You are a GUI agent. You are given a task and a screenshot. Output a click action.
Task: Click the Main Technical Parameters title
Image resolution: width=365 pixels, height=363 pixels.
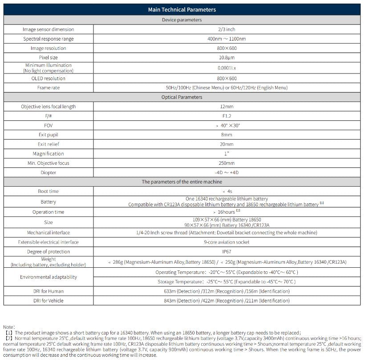coord(182,10)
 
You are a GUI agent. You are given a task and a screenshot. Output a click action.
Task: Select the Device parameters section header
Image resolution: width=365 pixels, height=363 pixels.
coord(182,20)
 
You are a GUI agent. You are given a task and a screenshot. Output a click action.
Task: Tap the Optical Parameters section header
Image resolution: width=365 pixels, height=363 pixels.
coord(182,97)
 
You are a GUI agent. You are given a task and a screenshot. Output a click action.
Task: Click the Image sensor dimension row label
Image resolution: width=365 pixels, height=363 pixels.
coord(49,29)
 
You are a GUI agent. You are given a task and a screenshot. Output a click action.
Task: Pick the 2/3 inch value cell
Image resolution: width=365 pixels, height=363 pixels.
coord(227,29)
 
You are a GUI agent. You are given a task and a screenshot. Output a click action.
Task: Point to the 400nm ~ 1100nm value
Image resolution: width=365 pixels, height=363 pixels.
coord(227,39)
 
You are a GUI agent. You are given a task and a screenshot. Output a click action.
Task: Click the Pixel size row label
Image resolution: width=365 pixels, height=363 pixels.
coord(49,57)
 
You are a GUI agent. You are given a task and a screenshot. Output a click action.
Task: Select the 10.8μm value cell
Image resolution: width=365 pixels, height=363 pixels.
coord(227,57)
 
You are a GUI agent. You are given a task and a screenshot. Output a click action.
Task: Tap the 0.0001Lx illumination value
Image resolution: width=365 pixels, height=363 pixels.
coord(227,68)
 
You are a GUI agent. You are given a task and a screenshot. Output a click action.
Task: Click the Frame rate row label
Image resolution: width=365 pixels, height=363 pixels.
coord(49,88)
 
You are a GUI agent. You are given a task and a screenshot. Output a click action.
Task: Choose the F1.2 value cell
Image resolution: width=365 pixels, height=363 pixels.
coord(227,116)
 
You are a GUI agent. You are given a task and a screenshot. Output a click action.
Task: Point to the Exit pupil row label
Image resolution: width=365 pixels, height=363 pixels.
coord(49,135)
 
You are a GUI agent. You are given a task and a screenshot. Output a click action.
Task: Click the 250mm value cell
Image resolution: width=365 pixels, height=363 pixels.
coord(227,163)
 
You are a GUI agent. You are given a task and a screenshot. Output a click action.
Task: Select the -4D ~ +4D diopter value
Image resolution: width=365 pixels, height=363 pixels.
coord(227,172)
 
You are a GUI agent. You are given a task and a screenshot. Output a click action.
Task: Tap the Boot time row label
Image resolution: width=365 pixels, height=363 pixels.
coord(49,191)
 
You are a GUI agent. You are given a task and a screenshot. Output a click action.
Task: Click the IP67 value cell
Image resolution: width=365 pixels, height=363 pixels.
coord(227,252)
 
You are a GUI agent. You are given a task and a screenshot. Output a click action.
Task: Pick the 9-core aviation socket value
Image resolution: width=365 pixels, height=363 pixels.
coord(227,242)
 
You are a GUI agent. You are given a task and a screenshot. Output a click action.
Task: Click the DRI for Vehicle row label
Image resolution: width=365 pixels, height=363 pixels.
coord(49,301)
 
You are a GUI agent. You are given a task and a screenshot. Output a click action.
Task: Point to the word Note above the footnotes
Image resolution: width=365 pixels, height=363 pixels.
coord(9,327)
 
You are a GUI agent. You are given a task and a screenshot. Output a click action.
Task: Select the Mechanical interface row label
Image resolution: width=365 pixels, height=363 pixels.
coord(49,232)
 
